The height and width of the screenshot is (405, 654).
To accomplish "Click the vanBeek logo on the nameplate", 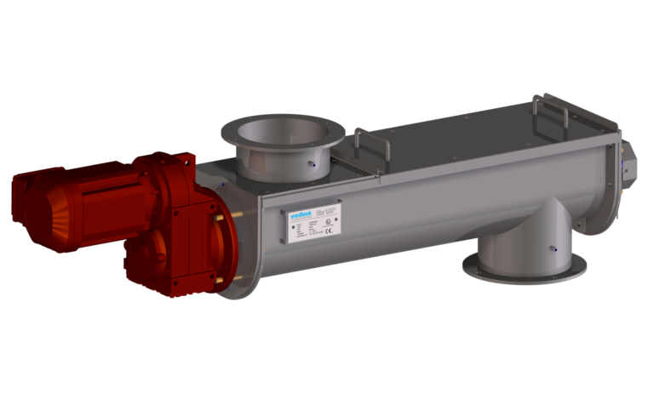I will (300, 214).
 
